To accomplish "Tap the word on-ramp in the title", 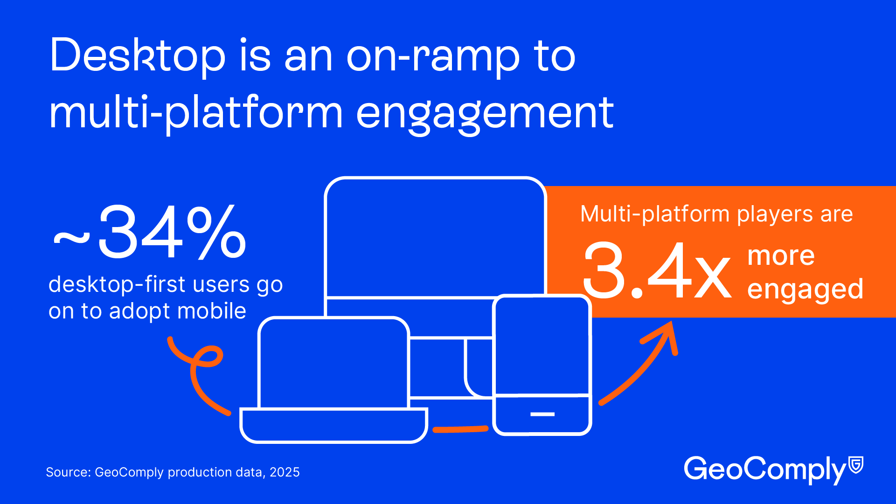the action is [x=433, y=58].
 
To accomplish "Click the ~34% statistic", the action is [x=149, y=232].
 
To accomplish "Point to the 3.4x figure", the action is [x=657, y=270].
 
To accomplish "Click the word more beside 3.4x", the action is [x=781, y=256].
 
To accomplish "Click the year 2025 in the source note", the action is [x=285, y=472].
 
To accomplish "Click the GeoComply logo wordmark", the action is [x=765, y=469].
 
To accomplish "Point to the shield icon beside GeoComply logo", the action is [x=856, y=465].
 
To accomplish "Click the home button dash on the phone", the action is [x=542, y=414].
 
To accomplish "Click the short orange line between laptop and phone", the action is [x=460, y=428].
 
